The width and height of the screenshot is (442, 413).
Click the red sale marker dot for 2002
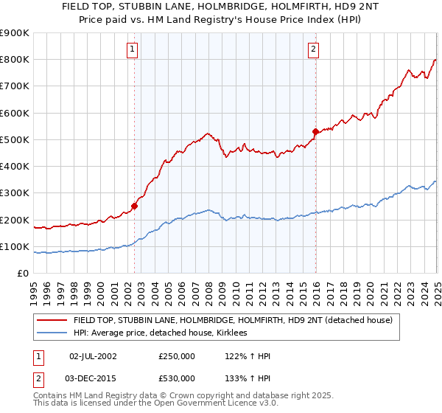click(135, 206)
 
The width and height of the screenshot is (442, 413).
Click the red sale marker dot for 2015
click(315, 132)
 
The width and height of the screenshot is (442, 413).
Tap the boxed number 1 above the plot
click(132, 49)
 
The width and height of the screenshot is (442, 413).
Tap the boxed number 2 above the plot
click(313, 49)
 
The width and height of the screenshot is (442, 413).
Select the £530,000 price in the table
click(177, 378)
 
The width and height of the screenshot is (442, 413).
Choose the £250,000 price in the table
click(177, 356)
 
